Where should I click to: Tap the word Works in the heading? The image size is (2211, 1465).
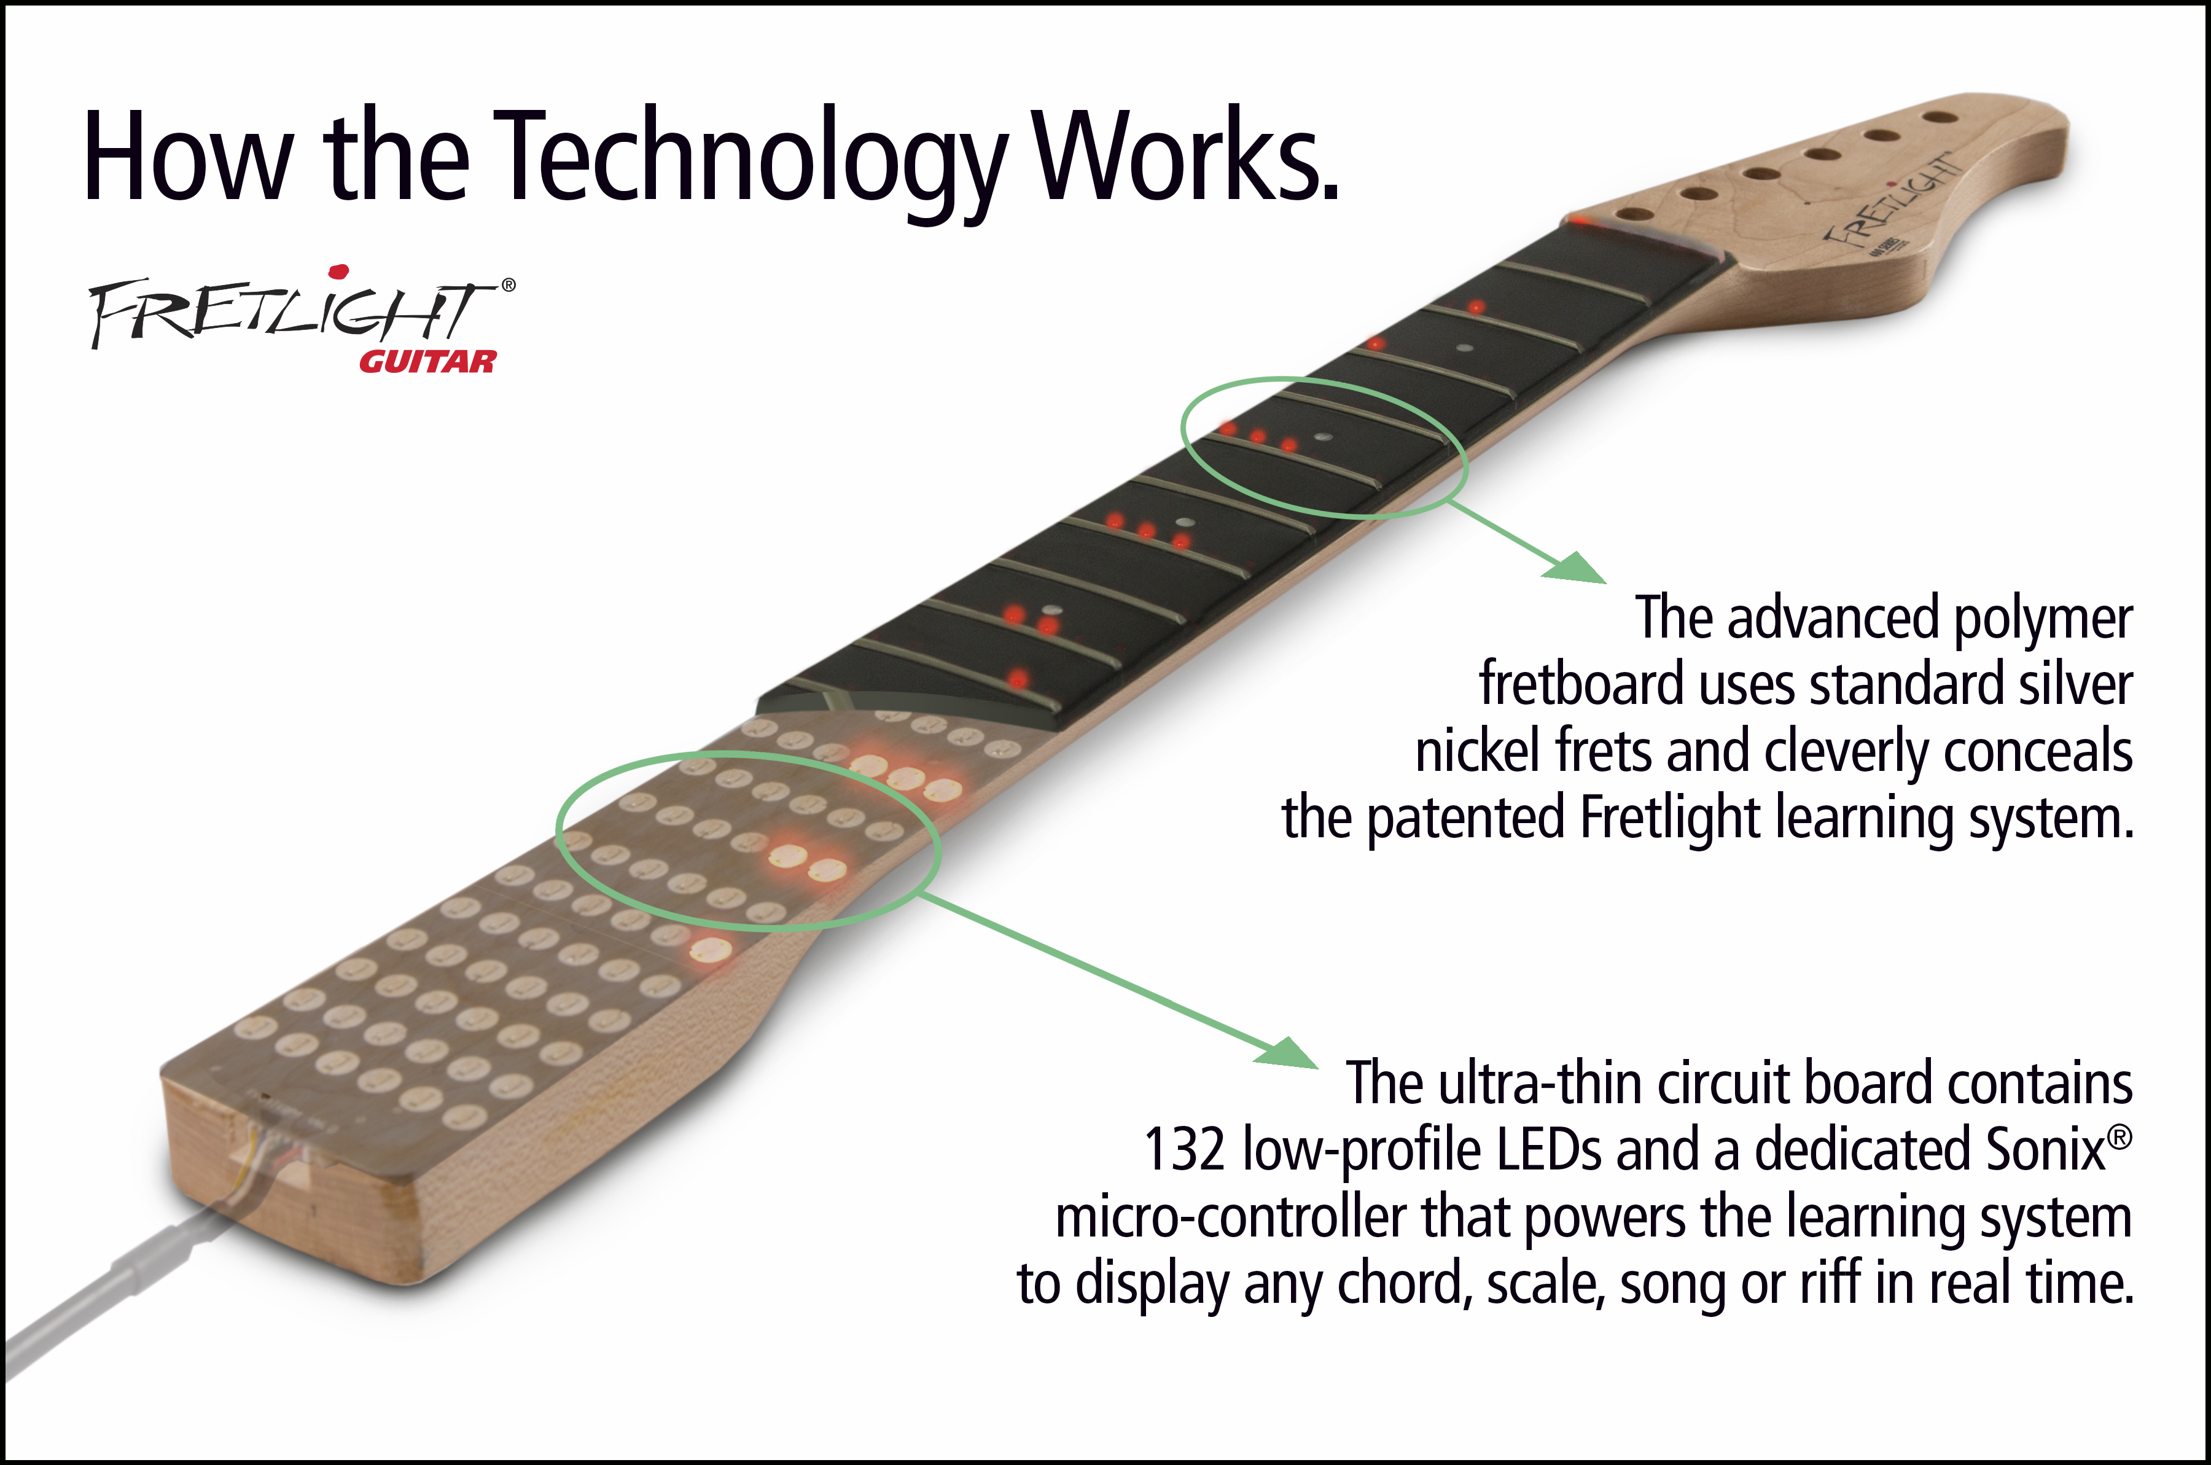coord(1187,157)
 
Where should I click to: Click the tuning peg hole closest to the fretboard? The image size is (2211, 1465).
coord(1631,214)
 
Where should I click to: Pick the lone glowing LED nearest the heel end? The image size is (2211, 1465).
coord(710,951)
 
